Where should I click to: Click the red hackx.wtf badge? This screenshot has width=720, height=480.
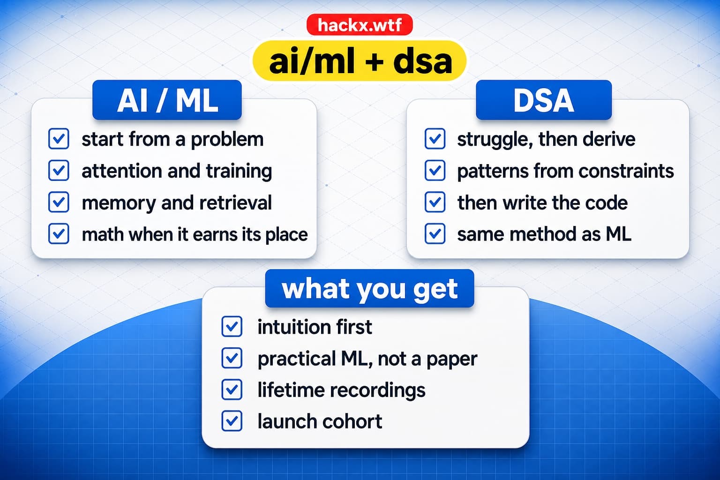[x=360, y=25]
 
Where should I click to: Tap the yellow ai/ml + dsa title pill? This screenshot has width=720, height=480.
[x=360, y=60]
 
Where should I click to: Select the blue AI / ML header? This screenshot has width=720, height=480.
[x=167, y=100]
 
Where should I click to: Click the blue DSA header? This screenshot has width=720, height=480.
[x=544, y=100]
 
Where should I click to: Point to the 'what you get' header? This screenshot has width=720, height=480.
[x=370, y=288]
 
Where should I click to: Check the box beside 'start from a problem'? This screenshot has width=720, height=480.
[x=59, y=139]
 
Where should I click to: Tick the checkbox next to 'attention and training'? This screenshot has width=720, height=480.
[x=59, y=171]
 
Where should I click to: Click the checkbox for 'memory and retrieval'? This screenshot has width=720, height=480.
[x=59, y=202]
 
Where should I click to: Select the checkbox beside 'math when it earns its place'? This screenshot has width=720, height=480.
[x=59, y=233]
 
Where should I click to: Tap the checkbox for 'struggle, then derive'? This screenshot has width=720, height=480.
[x=435, y=139]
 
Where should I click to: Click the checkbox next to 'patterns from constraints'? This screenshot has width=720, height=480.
[x=435, y=171]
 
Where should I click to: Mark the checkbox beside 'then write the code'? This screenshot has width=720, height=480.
[x=435, y=202]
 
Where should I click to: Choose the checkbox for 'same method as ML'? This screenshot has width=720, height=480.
[x=435, y=233]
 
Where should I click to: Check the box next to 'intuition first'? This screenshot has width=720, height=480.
[x=232, y=327]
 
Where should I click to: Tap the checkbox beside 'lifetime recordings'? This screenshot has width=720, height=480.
[x=232, y=390]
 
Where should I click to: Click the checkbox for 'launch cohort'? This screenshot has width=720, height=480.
[x=232, y=421]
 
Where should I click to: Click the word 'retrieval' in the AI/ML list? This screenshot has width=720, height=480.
[x=236, y=202]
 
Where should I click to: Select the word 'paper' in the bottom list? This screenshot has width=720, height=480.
[x=452, y=360]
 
